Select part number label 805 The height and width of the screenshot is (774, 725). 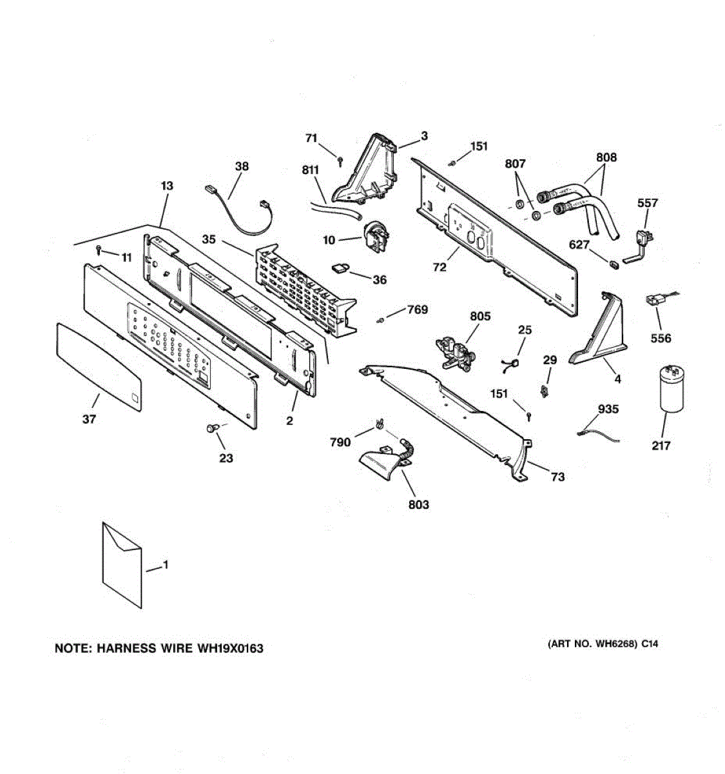480,316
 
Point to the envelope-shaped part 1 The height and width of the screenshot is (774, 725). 122,564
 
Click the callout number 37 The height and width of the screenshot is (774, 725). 89,419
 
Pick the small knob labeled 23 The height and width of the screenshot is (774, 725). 211,428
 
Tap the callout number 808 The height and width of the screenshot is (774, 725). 606,157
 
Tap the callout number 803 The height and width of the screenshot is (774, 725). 418,504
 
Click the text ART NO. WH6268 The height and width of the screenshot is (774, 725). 593,644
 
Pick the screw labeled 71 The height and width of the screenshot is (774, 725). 340,159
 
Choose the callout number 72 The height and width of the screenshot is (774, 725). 440,267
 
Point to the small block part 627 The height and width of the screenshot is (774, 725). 613,262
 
